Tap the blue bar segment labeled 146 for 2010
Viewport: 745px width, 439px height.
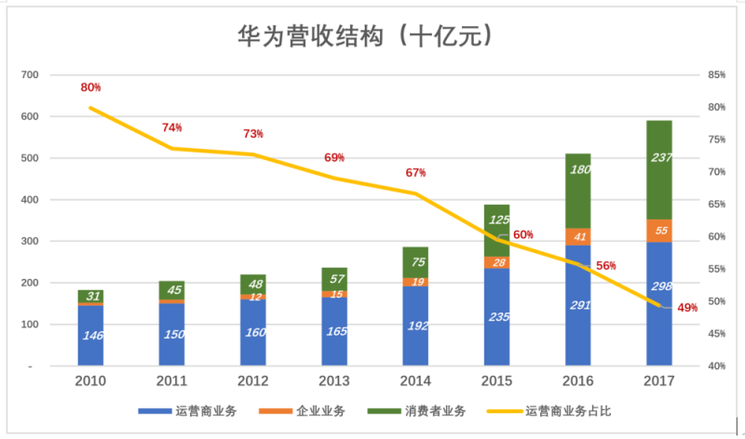click(90, 335)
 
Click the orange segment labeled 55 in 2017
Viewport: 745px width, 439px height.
click(659, 231)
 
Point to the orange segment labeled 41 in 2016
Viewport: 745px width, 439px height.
click(578, 236)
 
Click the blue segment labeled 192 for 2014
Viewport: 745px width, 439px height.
click(415, 326)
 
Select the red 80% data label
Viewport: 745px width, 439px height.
click(90, 87)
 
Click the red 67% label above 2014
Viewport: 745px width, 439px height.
click(415, 173)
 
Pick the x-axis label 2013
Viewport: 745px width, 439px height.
click(334, 381)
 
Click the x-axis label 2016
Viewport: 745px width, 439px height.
click(578, 381)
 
